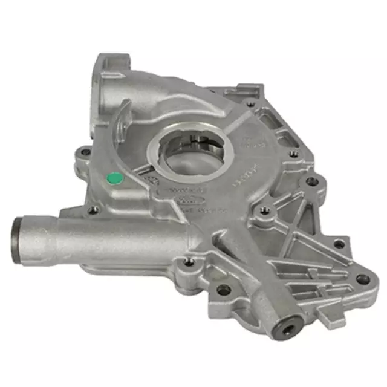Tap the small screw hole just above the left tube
point(93,210)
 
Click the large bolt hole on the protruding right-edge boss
point(312,180)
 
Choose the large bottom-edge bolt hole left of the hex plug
point(224,289)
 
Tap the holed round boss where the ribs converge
point(263,212)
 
